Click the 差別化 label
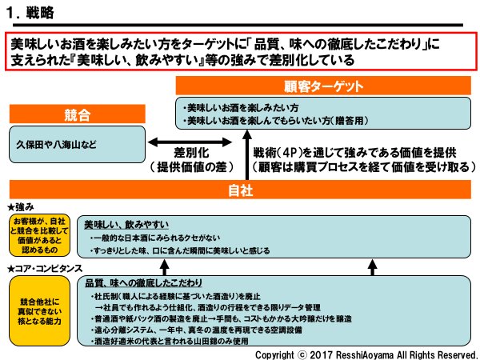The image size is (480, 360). (193, 152)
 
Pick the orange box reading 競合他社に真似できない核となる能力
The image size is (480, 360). (38, 310)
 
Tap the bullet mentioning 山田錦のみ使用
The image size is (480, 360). (184, 341)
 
